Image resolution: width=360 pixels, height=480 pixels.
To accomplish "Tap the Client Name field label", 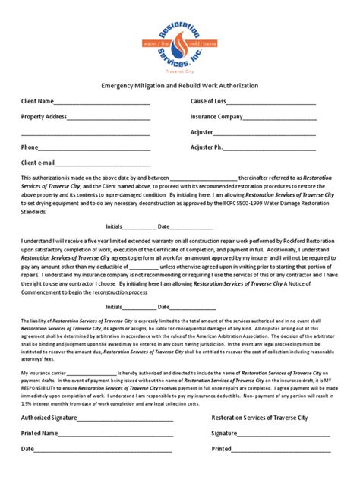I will [37, 101].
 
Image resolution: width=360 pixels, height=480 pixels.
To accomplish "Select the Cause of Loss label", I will [208, 101].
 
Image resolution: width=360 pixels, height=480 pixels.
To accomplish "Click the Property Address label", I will [44, 117].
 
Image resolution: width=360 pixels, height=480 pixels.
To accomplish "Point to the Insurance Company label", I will [216, 117].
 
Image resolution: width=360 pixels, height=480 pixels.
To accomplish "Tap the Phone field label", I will [30, 147].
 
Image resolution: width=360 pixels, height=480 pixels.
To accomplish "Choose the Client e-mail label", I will [39, 163].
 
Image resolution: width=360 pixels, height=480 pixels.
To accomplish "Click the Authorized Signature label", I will [49, 418].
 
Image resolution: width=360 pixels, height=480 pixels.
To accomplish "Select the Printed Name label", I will [39, 434].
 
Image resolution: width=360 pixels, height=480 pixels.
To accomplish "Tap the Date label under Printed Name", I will [28, 450].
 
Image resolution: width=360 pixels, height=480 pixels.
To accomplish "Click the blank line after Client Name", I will [98, 103].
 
